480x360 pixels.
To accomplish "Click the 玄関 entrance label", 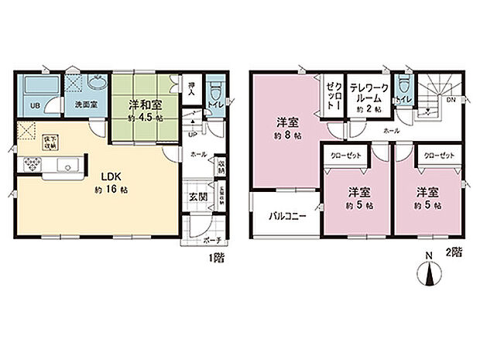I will click(x=198, y=197).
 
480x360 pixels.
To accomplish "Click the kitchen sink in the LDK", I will click(x=65, y=165).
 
